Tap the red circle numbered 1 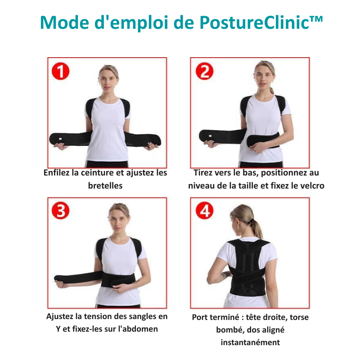coord(60,72)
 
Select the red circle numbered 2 coord(204,71)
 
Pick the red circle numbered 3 coord(60,211)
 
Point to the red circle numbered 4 coord(204,211)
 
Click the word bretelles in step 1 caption coord(105,185)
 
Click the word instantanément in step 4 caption coord(250,342)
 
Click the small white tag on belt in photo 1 coord(60,139)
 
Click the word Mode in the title coord(64,23)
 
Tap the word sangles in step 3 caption coord(142,316)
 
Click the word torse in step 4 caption coord(299,317)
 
